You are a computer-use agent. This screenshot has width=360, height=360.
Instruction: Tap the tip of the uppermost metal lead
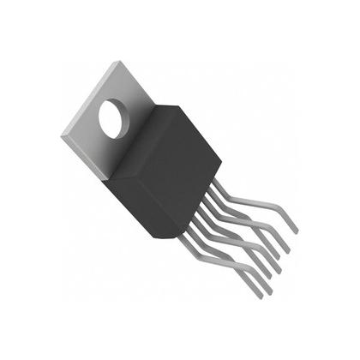296,231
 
